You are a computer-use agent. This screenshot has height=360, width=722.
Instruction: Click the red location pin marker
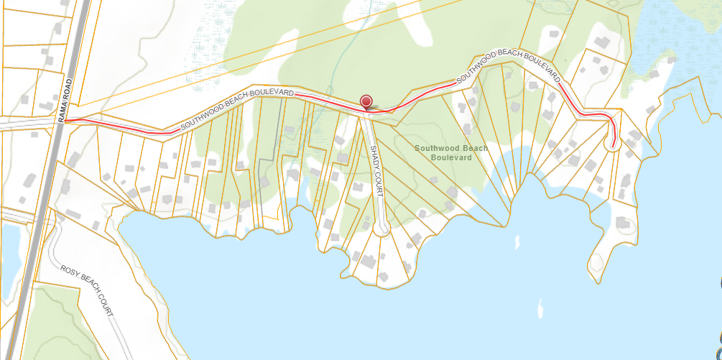(x=366, y=101)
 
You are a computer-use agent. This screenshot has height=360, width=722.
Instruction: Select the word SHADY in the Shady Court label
(x=374, y=158)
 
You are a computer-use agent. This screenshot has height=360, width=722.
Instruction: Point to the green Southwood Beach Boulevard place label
(x=450, y=152)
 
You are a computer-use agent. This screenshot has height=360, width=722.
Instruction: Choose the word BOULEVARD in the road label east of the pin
(x=536, y=67)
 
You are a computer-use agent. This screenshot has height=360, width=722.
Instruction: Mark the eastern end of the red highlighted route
(x=613, y=146)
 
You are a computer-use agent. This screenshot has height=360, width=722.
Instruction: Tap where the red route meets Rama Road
(x=65, y=121)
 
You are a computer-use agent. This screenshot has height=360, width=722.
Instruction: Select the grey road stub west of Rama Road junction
(x=25, y=124)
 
